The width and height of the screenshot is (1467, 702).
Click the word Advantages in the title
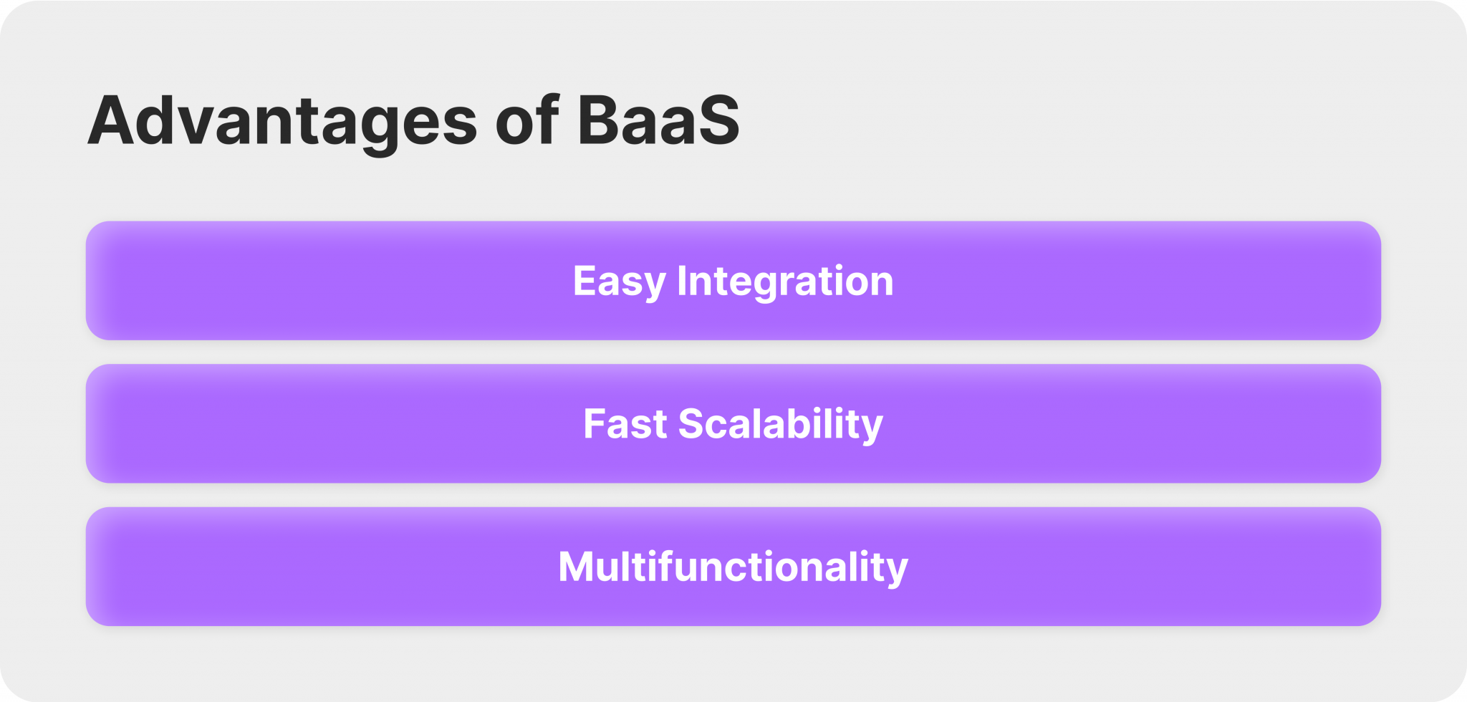coord(282,122)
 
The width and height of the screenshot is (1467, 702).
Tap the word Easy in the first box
coord(619,281)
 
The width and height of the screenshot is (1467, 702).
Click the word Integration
coord(785,281)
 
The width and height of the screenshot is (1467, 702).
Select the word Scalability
coord(781,424)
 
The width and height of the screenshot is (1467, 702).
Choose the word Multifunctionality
coord(733,567)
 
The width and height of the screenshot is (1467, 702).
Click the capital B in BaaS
coord(601,120)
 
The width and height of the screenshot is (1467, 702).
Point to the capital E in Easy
coord(585,281)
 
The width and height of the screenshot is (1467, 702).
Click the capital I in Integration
coord(681,281)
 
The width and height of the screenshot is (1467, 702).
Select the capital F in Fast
coord(595,424)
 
